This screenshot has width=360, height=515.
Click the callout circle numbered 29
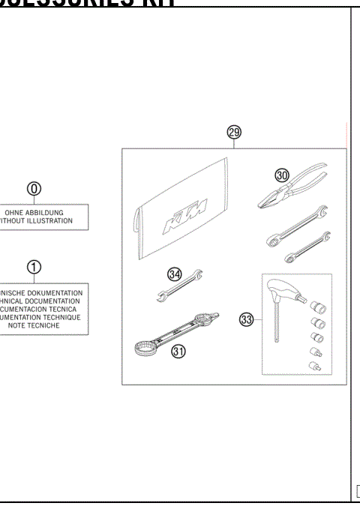[234, 132]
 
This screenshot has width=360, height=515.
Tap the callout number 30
[283, 175]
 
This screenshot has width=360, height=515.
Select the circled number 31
[178, 350]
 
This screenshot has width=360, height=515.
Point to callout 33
[246, 320]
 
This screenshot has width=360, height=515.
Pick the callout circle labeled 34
[175, 274]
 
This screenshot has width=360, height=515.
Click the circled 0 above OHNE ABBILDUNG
[34, 189]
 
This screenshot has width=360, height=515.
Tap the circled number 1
[34, 268]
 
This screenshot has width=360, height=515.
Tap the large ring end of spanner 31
[143, 348]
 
